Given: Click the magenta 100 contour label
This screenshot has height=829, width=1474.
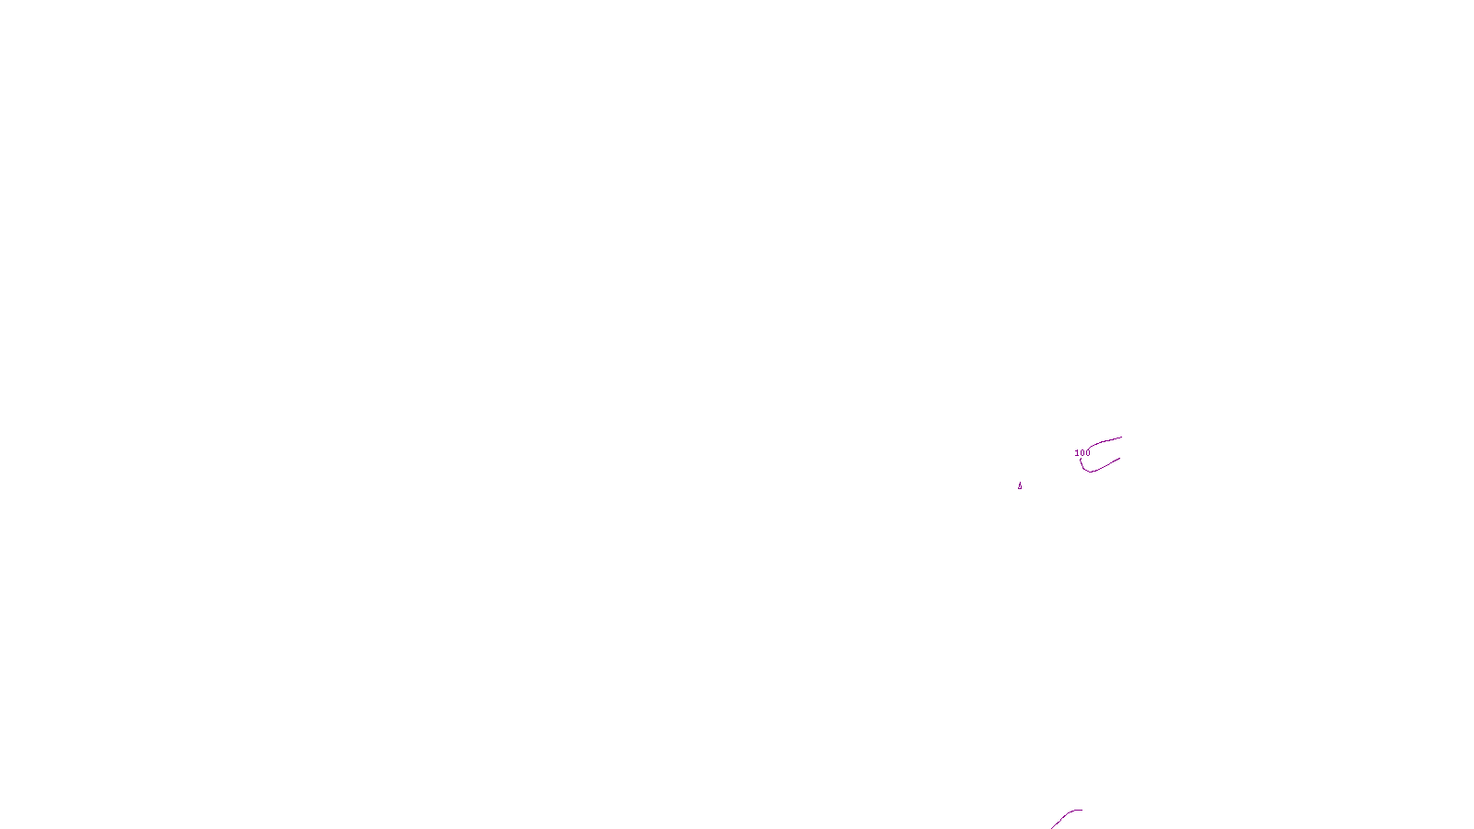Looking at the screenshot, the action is pyautogui.click(x=1082, y=453).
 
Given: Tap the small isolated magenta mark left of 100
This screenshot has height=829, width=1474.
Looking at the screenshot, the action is pyautogui.click(x=1020, y=486).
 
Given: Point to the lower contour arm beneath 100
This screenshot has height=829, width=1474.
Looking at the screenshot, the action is pyautogui.click(x=1104, y=466).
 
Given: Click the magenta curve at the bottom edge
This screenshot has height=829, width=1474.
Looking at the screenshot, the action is pyautogui.click(x=1064, y=817).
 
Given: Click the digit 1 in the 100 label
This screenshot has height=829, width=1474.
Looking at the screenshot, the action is pyautogui.click(x=1077, y=453).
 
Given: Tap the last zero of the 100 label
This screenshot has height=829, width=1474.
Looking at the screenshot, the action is pyautogui.click(x=1088, y=453).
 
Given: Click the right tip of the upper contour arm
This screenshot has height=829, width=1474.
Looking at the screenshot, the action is pyautogui.click(x=1121, y=438).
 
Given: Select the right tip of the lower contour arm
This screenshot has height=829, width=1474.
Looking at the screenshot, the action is pyautogui.click(x=1119, y=459).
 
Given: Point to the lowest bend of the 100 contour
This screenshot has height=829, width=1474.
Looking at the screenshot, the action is pyautogui.click(x=1089, y=472).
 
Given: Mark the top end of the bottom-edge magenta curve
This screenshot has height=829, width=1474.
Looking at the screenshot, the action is pyautogui.click(x=1081, y=811).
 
